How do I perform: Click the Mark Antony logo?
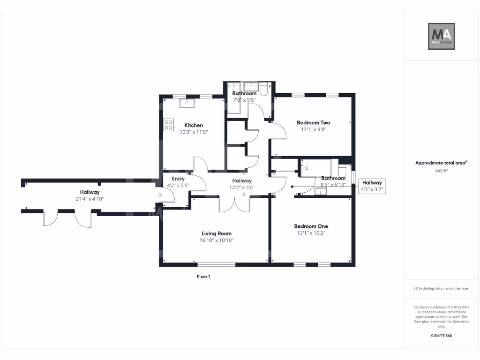pos(442,36)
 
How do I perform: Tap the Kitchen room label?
pos(194,125)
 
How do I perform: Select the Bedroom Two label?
pos(313,123)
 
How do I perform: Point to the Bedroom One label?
pos(311,226)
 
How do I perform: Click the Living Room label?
pos(217,233)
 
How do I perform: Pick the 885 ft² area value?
pos(441,171)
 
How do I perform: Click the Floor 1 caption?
pos(203,277)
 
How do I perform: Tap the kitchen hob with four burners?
pos(168,125)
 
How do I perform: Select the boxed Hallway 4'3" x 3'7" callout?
pos(372,186)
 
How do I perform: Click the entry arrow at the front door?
pos(160,195)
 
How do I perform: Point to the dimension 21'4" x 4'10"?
pos(89,199)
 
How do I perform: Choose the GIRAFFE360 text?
pos(441,336)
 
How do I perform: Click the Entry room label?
pos(178,179)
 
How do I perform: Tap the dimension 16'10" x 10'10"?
pos(217,240)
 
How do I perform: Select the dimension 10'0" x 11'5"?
pos(194,132)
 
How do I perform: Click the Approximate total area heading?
pos(440,163)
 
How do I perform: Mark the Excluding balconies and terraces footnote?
pos(441,288)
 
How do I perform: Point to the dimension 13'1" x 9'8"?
pos(313,130)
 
